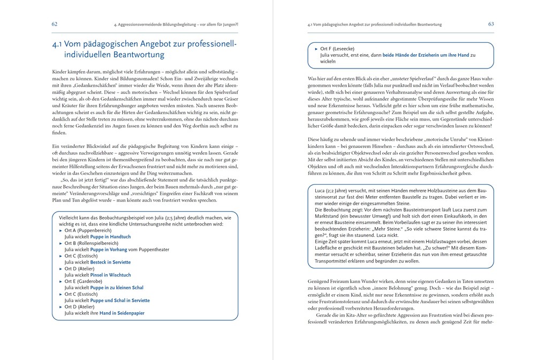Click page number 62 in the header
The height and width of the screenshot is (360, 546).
55,24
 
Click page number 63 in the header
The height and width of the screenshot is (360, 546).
491,24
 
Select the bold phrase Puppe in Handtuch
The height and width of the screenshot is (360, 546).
110,236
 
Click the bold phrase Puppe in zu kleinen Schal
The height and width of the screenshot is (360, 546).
117,288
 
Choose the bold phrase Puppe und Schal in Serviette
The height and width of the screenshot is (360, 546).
120,301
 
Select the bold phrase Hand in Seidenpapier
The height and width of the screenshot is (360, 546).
122,313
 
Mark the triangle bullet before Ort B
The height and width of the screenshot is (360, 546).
60,243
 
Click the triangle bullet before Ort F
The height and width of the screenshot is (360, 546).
316,48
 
